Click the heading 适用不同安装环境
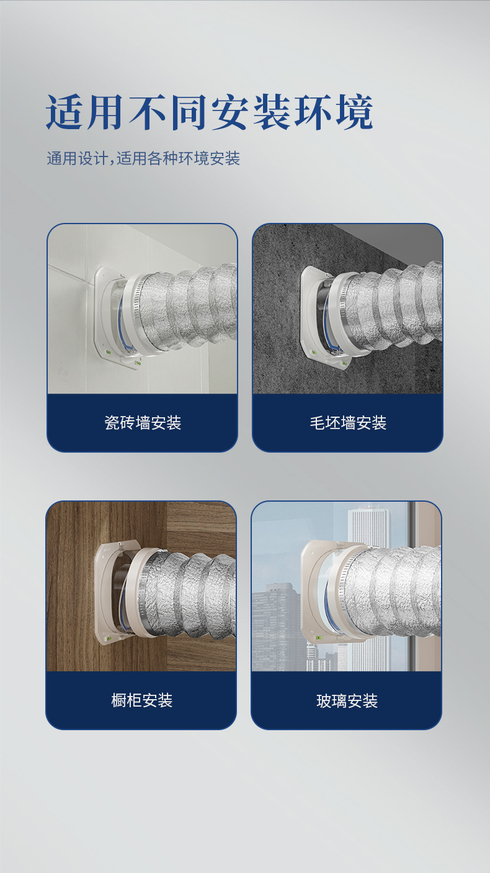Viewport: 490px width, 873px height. coord(210,112)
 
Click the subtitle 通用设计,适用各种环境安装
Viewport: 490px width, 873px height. coord(143,158)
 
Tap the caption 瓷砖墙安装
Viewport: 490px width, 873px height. coord(143,423)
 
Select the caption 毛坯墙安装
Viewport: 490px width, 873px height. coord(348,423)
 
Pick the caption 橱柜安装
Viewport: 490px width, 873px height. coord(142,701)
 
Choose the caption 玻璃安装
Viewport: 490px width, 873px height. coord(347,701)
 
